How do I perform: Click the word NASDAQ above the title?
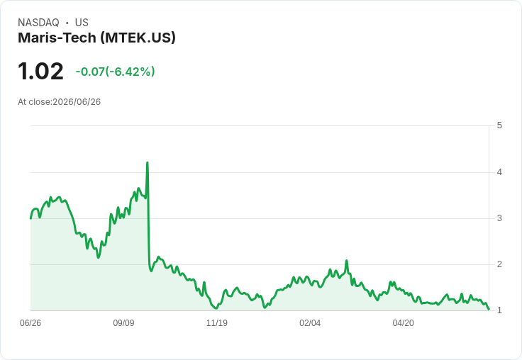coord(38,23)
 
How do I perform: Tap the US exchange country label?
coord(82,23)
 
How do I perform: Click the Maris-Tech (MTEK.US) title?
coord(96,38)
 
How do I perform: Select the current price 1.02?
coord(40,72)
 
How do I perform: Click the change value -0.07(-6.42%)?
coord(115,72)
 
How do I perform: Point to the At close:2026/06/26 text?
coord(60,102)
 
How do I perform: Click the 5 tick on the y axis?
coord(499,125)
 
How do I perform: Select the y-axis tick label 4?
coord(499,172)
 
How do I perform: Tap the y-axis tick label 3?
coord(499,218)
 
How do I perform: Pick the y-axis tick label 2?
coord(499,264)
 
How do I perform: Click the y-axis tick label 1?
coord(499,310)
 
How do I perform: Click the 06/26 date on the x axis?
coord(30,322)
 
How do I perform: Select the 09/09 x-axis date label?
coord(123,322)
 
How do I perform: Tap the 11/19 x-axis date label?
coord(217,322)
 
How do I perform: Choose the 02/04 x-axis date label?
coord(310,322)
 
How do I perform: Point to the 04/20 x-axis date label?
coord(403,322)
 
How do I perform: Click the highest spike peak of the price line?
coord(147,163)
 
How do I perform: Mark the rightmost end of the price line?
coord(489,310)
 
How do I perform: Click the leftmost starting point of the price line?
coord(30,218)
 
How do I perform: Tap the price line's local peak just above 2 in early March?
coord(347,261)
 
